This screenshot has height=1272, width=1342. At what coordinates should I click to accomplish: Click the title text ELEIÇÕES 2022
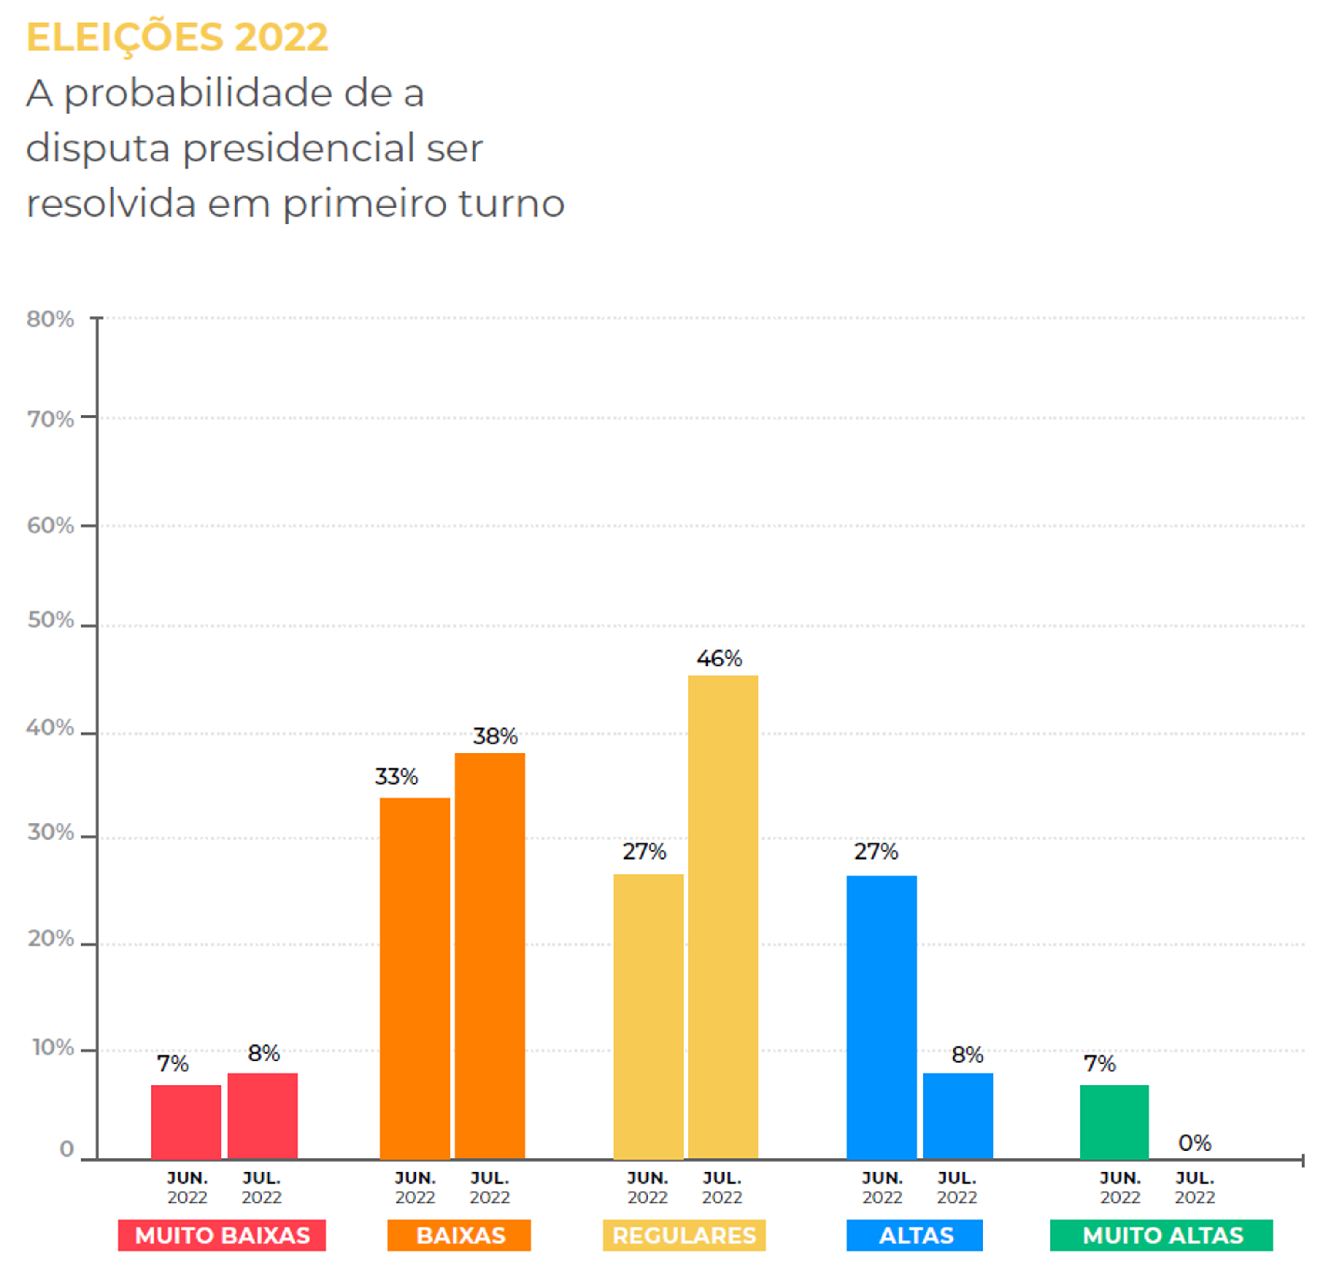click(x=177, y=37)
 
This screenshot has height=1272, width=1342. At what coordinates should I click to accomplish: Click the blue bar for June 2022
click(x=882, y=1017)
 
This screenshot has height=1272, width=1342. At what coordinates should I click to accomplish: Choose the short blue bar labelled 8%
click(x=957, y=1115)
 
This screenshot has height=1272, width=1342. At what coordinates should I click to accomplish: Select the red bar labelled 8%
click(x=262, y=1115)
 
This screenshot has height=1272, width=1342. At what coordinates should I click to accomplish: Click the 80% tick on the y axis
click(x=50, y=319)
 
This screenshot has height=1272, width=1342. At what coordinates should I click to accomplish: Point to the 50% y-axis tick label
click(x=50, y=620)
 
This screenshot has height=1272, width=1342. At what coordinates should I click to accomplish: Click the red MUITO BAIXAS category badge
click(x=222, y=1235)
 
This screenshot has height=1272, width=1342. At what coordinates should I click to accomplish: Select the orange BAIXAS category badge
click(x=459, y=1235)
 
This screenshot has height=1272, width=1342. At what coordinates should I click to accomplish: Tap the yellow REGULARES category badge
click(x=684, y=1235)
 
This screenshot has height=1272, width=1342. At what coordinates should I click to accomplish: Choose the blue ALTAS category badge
click(x=915, y=1235)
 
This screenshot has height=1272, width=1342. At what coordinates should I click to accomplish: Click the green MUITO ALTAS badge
click(x=1161, y=1235)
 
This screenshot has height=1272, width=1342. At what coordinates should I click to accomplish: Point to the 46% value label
click(x=719, y=658)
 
